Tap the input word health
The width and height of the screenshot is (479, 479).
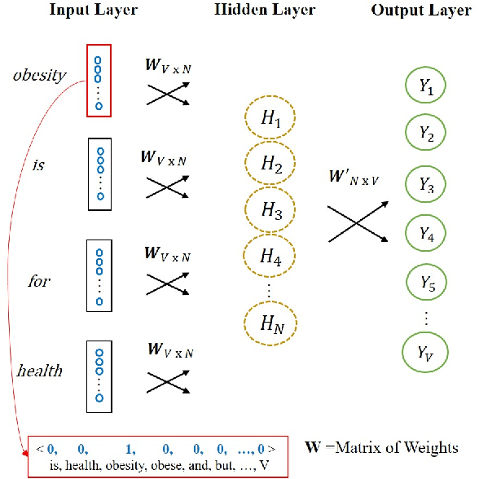[39, 371]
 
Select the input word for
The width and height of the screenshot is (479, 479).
[39, 281]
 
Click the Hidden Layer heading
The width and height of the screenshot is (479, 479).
[264, 11]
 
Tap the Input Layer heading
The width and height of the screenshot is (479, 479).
[93, 11]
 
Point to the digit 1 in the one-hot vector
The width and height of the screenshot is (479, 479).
[129, 448]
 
